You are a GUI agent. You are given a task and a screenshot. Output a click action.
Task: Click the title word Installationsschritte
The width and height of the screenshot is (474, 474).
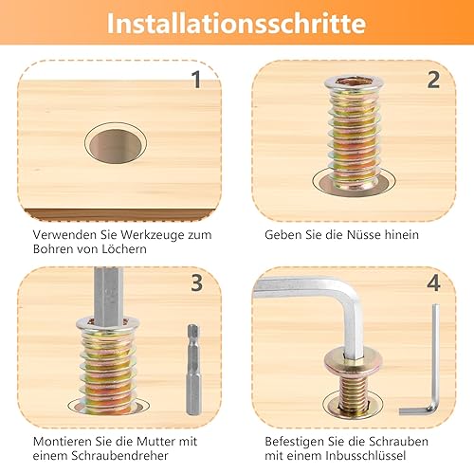[x=236, y=23]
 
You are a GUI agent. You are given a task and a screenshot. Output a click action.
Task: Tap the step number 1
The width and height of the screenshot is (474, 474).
[x=196, y=80]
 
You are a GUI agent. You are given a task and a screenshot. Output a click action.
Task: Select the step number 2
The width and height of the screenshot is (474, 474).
[x=433, y=80]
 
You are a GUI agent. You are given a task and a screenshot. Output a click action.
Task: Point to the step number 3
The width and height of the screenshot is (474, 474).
[x=196, y=283]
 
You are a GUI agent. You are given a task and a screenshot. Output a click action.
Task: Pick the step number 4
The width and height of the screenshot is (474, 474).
[x=433, y=283]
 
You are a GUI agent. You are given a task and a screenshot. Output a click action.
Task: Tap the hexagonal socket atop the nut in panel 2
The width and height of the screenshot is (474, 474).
[x=354, y=81]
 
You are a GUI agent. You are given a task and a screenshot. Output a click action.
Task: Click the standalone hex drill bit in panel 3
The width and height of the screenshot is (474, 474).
[x=193, y=369]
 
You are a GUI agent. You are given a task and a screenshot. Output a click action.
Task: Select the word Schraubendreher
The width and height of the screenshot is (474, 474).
[x=119, y=456]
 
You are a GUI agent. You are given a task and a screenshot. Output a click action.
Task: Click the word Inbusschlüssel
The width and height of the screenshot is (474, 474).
[x=366, y=456]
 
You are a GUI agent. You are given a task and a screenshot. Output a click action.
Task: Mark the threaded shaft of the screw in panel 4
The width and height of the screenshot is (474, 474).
[x=353, y=393]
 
